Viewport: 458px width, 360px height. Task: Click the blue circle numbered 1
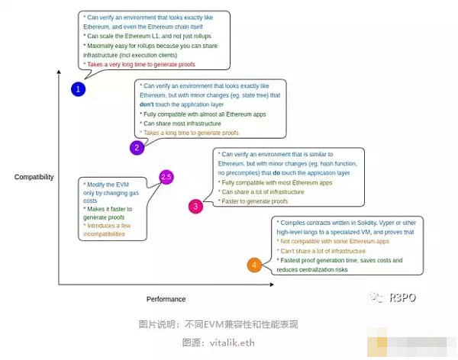pyautogui.click(x=77, y=89)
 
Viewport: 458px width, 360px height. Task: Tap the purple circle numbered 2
pyautogui.click(x=137, y=147)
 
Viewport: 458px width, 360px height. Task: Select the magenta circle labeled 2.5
pyautogui.click(x=166, y=178)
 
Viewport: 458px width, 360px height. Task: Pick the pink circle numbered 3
pyautogui.click(x=196, y=206)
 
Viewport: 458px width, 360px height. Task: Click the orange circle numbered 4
pyautogui.click(x=253, y=265)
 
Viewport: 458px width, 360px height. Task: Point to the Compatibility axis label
pyautogui.click(x=34, y=177)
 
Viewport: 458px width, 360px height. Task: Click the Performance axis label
pyautogui.click(x=166, y=299)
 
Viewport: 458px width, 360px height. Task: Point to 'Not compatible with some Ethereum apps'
pyautogui.click(x=334, y=241)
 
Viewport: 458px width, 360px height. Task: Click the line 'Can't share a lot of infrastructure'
pyautogui.click(x=324, y=250)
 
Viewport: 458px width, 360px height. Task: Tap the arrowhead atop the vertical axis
pyautogui.click(x=59, y=72)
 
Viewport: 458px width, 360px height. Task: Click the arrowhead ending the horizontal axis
pyautogui.click(x=273, y=285)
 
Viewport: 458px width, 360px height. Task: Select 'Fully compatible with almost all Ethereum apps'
pyautogui.click(x=205, y=114)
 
